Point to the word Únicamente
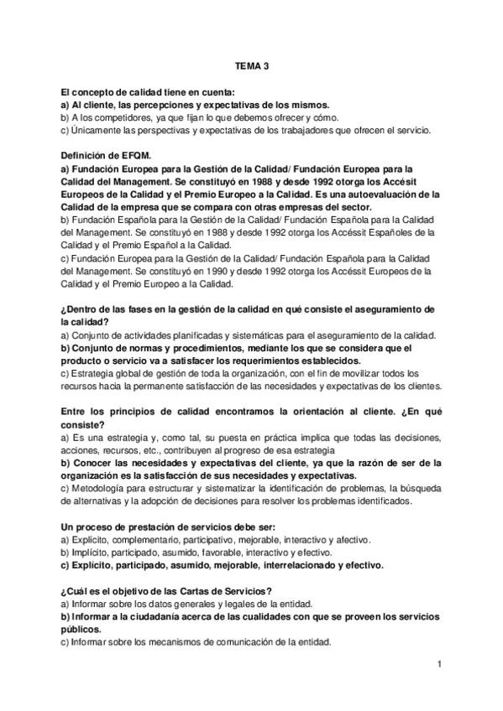(x=97, y=131)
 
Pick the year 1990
(x=239, y=271)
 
